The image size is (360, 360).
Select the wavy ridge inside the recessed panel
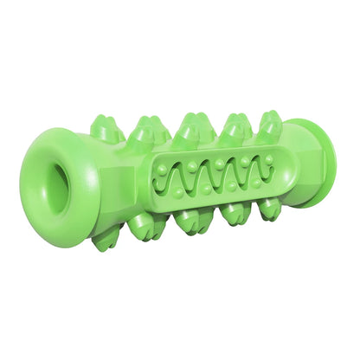point(212,170)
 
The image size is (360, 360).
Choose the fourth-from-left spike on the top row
point(235,127)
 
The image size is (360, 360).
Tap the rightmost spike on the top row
point(269,124)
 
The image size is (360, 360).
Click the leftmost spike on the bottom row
point(107,238)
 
